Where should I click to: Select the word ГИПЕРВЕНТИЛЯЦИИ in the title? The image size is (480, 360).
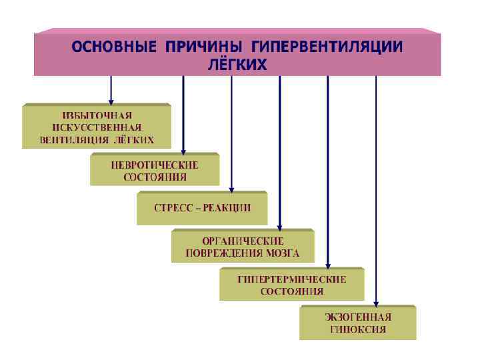327,47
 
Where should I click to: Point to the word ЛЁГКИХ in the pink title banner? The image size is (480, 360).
238,65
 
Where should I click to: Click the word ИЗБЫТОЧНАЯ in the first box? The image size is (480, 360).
97,115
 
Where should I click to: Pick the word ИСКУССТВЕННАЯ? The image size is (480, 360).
97,127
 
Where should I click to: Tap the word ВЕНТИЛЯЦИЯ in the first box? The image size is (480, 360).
73,140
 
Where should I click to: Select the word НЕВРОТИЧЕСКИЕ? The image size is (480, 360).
155,165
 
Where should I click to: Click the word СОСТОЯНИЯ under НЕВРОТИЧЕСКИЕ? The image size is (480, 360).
155,177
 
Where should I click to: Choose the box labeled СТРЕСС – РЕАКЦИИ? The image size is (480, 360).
202,207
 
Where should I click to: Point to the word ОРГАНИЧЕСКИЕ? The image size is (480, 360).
243,241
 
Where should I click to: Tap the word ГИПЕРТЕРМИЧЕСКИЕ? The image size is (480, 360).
292,279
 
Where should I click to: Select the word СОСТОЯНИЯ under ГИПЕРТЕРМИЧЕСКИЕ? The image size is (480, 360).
292,291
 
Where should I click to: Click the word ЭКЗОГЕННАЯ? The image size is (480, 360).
358,317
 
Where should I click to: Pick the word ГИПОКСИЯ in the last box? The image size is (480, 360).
358,329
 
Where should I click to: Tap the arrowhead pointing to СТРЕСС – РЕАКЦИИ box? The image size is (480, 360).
231,189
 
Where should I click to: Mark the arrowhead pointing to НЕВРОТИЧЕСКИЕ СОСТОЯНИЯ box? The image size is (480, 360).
183,151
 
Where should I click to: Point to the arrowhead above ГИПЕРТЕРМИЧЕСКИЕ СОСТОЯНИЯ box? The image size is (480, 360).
327,265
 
